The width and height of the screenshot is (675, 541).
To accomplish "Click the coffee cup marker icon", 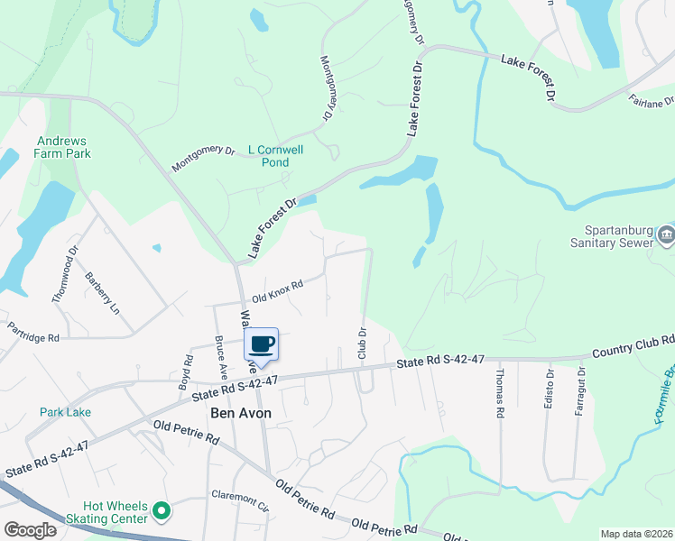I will [262, 344].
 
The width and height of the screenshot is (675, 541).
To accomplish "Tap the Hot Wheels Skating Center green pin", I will [162, 512].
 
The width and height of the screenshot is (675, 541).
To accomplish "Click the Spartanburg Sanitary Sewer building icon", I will [666, 235].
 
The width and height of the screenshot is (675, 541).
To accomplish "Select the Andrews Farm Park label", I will [64, 147].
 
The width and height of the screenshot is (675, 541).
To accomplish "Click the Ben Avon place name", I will [241, 413].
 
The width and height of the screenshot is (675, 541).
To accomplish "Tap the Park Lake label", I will [65, 412].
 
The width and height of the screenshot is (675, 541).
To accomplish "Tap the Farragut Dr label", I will [580, 390].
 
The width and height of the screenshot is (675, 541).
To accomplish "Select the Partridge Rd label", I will [33, 331].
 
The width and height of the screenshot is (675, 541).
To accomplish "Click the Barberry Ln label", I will [102, 292].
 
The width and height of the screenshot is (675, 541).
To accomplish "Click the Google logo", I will [29, 529].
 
